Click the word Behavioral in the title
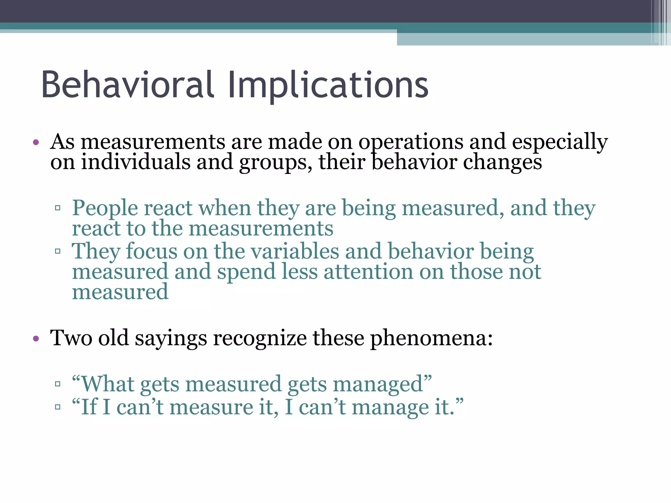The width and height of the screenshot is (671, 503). click(x=128, y=84)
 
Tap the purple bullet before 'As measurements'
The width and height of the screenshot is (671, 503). click(x=36, y=142)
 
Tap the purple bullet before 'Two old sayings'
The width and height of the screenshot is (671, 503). click(x=36, y=338)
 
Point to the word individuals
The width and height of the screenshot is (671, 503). click(x=136, y=162)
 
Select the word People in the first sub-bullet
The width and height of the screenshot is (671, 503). click(x=105, y=209)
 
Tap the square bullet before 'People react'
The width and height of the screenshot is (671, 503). click(x=58, y=208)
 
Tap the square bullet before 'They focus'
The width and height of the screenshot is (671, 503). click(x=58, y=251)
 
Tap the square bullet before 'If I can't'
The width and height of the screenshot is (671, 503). click(x=58, y=407)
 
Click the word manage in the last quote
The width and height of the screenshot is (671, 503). click(x=390, y=408)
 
